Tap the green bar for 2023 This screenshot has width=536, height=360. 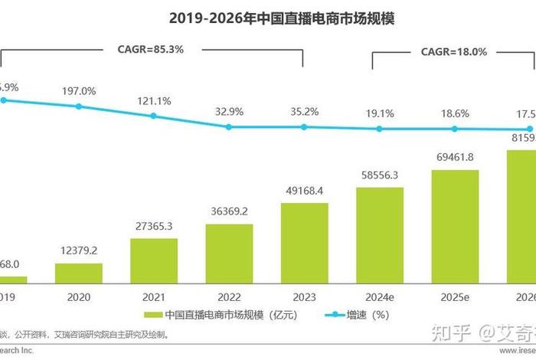[304, 244]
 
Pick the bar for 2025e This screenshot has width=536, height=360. [455, 227]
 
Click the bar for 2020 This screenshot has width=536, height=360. [78, 273]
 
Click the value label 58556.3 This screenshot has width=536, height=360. [380, 175]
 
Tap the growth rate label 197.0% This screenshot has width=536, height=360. [79, 91]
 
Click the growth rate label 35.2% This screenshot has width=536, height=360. [305, 111]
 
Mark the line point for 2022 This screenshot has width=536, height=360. [229, 127]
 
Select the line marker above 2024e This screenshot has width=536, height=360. [380, 129]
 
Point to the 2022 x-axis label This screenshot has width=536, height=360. [229, 296]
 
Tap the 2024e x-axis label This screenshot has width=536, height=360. [380, 296]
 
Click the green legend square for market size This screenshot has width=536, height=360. [149, 315]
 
